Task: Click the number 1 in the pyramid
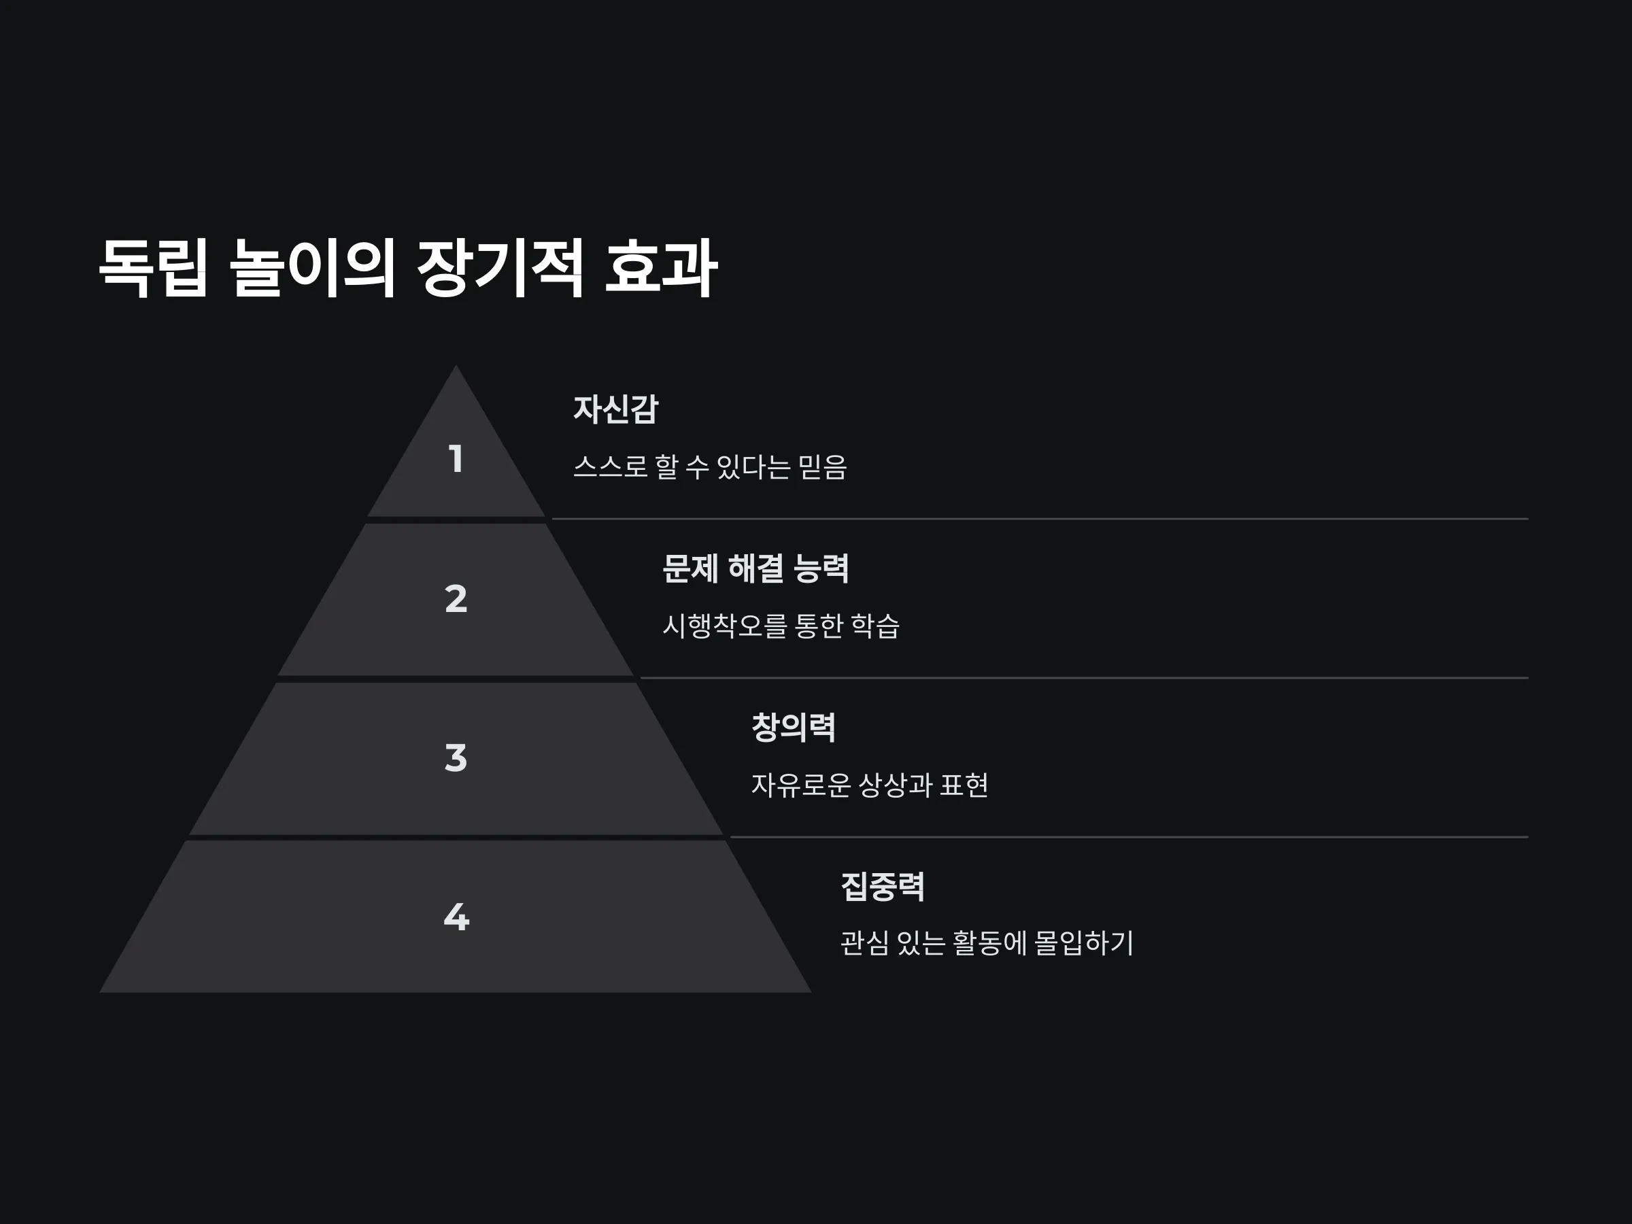click(456, 458)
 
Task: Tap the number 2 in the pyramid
click(456, 598)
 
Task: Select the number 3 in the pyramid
click(456, 758)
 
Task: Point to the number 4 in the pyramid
click(456, 917)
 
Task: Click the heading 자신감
click(615, 409)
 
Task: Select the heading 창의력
click(793, 728)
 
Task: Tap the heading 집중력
click(883, 887)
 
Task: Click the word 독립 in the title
click(154, 267)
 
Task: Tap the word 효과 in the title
click(661, 267)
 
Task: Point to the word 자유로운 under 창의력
click(801, 785)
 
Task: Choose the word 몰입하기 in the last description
click(1084, 944)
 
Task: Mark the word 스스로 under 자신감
click(610, 467)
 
